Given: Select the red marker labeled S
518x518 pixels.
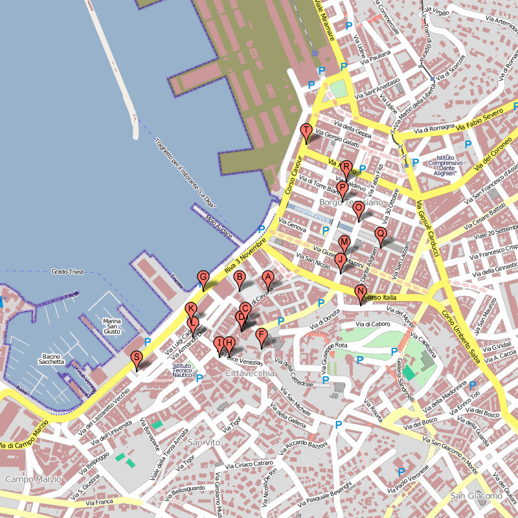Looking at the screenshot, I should click(136, 358).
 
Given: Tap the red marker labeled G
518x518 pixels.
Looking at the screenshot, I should click(203, 278).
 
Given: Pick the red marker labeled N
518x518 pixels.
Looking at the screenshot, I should click(361, 292).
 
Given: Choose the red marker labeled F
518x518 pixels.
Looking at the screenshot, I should click(262, 335).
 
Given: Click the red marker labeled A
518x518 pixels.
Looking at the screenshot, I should click(267, 278).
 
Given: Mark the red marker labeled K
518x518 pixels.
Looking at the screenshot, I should click(190, 310).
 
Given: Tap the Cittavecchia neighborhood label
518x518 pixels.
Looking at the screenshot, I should click(249, 374).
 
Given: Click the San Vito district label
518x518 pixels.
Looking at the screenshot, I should click(204, 442).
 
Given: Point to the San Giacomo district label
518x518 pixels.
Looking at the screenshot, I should click(476, 496).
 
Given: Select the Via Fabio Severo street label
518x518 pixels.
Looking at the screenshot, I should click(483, 118).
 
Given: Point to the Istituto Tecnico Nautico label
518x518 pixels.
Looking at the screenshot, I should click(182, 370).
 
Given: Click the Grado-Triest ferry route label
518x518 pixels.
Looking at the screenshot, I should click(72, 272).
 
